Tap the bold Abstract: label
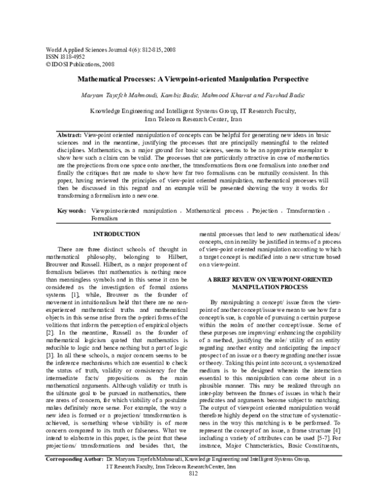point(70,131)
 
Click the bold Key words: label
point(71,211)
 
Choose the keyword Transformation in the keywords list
point(308,211)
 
